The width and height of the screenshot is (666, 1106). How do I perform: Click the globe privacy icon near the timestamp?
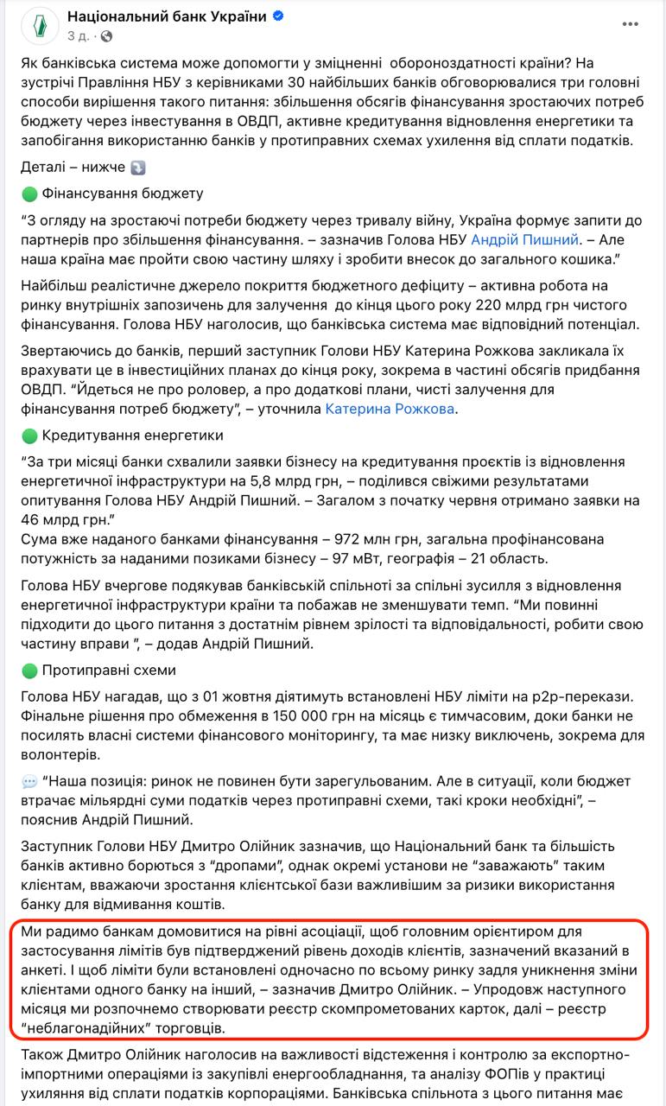pos(106,37)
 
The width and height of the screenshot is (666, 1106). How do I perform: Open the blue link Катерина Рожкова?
pos(390,409)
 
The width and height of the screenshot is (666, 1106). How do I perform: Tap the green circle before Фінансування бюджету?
pos(30,194)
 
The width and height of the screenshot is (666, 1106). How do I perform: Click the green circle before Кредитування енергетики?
pos(30,435)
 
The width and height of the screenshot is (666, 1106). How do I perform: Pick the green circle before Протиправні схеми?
pos(30,671)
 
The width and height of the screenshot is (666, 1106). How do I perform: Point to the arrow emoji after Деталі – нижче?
pos(138,167)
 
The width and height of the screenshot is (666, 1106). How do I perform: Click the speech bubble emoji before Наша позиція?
pos(30,782)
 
